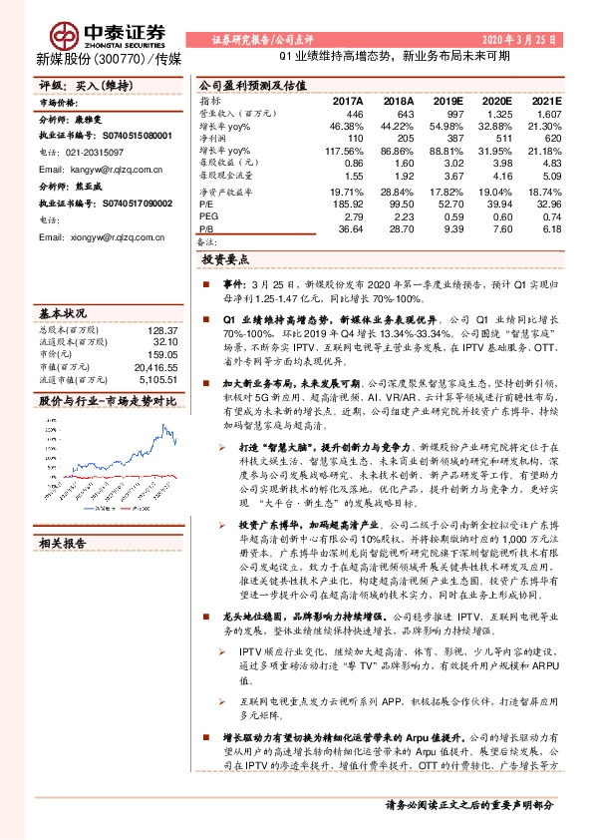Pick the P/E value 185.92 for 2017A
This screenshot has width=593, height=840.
click(x=347, y=202)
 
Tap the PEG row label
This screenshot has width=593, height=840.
click(x=206, y=215)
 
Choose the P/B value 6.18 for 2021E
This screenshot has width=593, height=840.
click(x=550, y=228)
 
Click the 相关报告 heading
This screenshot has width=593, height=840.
click(x=62, y=545)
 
